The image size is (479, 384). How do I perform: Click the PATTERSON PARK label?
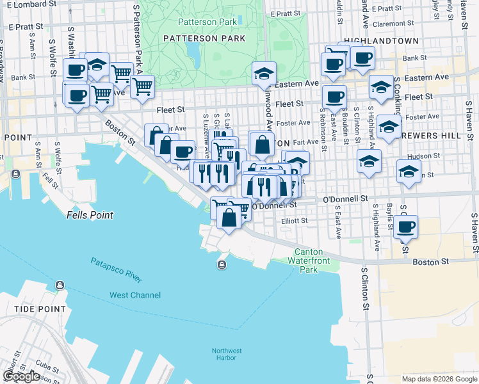(x=204, y=38)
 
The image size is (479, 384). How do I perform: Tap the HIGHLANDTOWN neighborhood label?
(x=381, y=40)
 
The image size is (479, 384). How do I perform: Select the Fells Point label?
(x=90, y=216)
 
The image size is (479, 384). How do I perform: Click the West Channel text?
(x=135, y=295)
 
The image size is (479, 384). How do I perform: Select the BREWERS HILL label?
(x=442, y=136)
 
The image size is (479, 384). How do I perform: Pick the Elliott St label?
(x=295, y=221)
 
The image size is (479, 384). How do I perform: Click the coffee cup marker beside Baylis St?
(x=405, y=226)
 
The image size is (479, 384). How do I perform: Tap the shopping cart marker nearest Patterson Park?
(x=142, y=85)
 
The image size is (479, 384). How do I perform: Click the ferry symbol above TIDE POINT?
(x=60, y=285)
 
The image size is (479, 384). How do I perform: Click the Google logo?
(x=21, y=376)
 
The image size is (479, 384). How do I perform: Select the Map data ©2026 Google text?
(x=439, y=379)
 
